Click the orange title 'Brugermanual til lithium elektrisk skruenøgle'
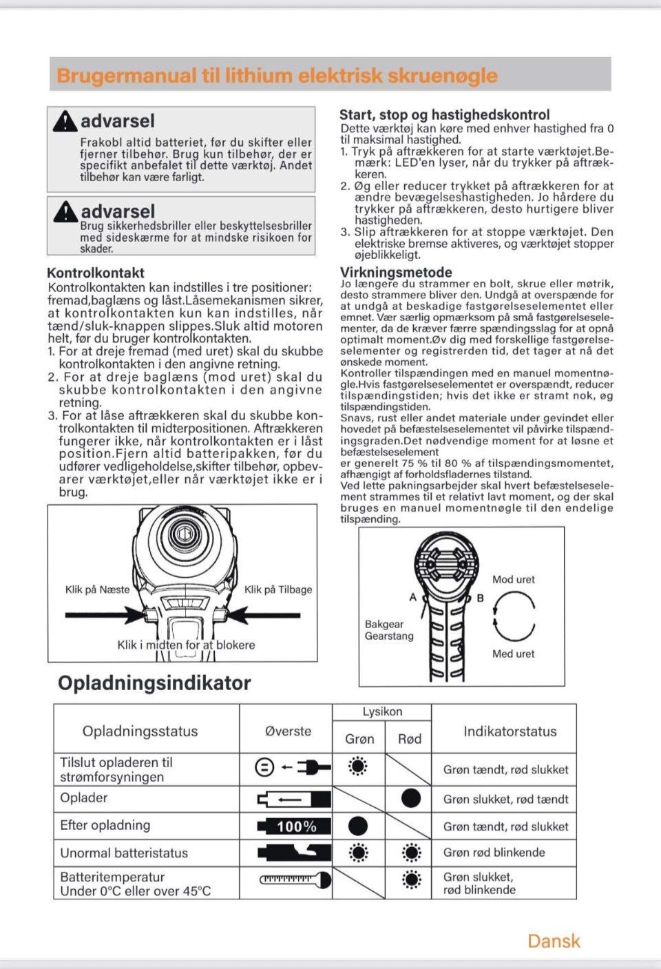277,75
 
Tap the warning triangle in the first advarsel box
65,121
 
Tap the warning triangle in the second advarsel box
65,211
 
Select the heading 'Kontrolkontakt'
95,273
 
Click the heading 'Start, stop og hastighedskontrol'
444,115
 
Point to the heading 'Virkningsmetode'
396,272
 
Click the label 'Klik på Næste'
97,590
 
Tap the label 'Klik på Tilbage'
278,590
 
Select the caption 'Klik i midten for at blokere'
186,645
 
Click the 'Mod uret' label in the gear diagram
513,580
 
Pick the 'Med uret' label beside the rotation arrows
513,654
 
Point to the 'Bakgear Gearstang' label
388,630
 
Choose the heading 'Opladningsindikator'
154,683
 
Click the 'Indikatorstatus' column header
510,731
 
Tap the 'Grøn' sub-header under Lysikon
359,739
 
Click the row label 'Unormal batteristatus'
124,853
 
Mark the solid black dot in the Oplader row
411,798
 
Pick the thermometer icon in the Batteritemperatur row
295,880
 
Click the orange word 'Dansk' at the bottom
554,941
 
